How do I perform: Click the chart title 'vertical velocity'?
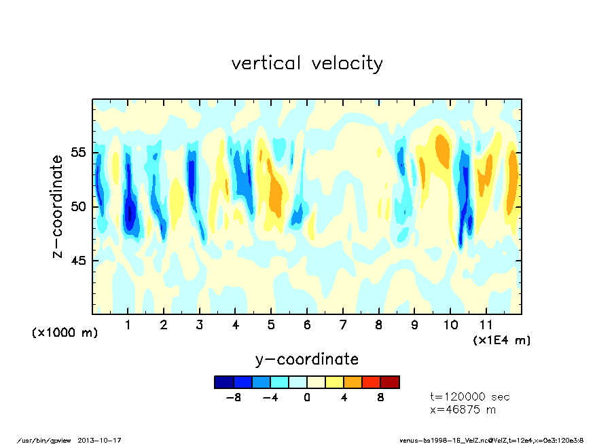(x=307, y=64)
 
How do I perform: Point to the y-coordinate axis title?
(x=307, y=359)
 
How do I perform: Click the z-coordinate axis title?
(x=58, y=206)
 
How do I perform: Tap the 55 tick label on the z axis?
(x=79, y=152)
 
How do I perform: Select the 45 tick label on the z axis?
(x=79, y=261)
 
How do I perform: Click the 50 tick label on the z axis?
(x=79, y=206)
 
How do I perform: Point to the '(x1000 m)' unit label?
(x=65, y=333)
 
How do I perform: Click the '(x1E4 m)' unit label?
(x=502, y=339)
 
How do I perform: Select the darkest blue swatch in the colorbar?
(x=223, y=382)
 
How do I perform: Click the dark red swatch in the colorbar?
(x=390, y=382)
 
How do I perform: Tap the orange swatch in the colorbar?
(x=353, y=382)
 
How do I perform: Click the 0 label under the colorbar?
(x=307, y=398)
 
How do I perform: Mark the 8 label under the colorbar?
(x=381, y=398)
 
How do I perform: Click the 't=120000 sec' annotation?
(x=470, y=397)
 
